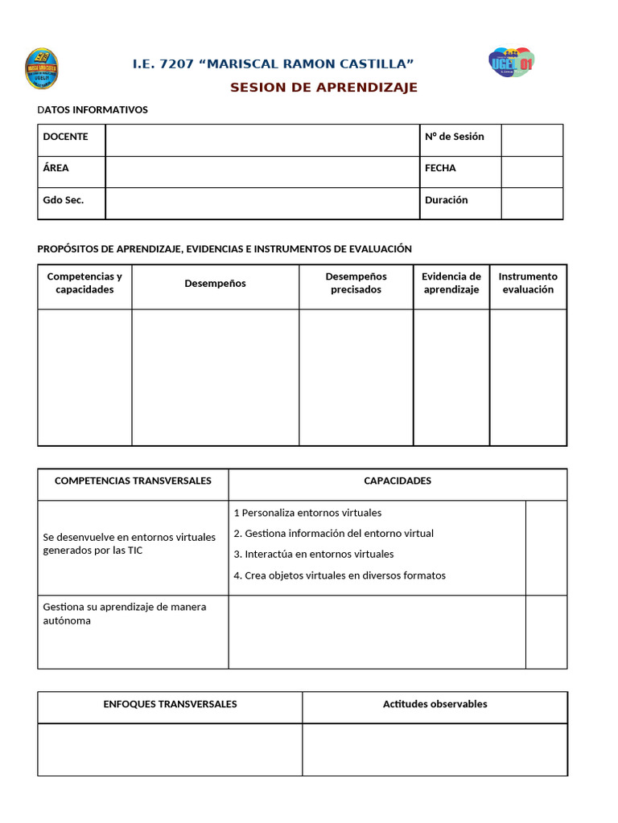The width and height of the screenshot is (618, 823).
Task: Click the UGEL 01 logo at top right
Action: (511, 62)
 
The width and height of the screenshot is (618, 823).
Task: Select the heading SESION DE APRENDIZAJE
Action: (323, 88)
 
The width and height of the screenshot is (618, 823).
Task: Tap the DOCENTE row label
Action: (65, 137)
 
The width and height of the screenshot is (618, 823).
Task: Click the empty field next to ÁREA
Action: (262, 171)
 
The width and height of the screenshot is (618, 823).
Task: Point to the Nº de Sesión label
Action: (454, 137)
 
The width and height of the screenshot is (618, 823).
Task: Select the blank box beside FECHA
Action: (531, 171)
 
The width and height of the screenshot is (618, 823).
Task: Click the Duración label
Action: (446, 200)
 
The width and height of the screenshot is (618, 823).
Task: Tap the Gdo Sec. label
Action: (63, 200)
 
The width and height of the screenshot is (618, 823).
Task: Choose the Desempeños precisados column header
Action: (356, 283)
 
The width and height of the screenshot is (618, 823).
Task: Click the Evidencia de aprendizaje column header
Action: (451, 283)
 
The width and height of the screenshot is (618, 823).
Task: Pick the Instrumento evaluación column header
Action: (528, 283)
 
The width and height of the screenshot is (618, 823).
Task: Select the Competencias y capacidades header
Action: (84, 283)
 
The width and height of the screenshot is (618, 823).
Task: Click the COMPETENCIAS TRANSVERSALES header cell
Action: (133, 481)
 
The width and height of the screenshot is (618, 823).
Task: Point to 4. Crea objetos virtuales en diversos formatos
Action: (339, 575)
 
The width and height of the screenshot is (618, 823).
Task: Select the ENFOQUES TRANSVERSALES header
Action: (170, 704)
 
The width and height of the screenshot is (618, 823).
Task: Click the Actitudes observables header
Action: (435, 704)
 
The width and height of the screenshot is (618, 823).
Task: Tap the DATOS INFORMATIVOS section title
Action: (93, 110)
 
